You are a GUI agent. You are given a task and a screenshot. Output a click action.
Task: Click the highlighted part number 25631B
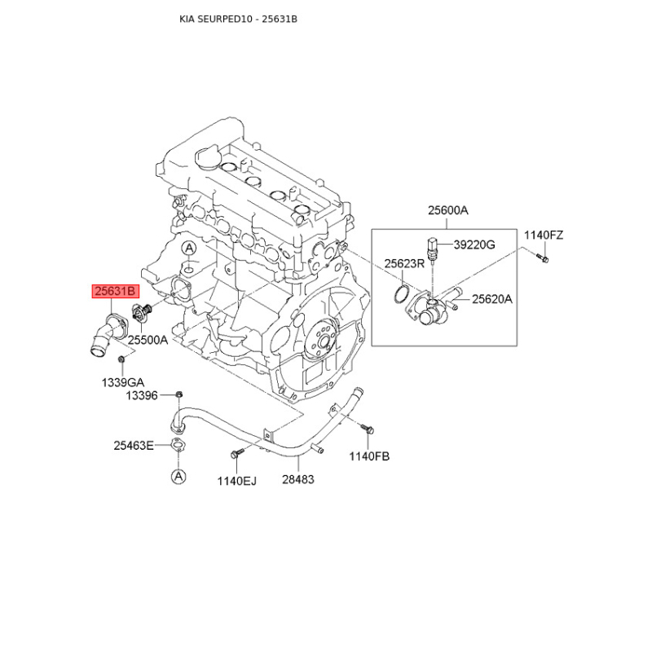pyautogui.click(x=115, y=291)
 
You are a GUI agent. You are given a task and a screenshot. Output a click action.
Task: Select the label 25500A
pyautogui.click(x=148, y=340)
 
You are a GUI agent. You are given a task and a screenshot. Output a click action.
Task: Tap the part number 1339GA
pyautogui.click(x=123, y=382)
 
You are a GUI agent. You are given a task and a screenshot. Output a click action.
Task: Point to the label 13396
pyautogui.click(x=142, y=395)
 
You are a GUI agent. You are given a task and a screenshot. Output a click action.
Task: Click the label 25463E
pyautogui.click(x=134, y=446)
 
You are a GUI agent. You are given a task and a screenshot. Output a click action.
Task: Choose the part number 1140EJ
pyautogui.click(x=237, y=481)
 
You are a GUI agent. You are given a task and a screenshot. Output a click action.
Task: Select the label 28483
pyautogui.click(x=298, y=479)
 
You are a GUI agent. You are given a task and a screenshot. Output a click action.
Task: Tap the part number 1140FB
pyautogui.click(x=369, y=456)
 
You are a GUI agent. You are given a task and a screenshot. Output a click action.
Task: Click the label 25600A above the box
pyautogui.click(x=448, y=210)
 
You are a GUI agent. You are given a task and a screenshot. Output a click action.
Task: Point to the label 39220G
pyautogui.click(x=474, y=244)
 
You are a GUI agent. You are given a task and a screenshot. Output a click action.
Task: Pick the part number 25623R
pyautogui.click(x=404, y=263)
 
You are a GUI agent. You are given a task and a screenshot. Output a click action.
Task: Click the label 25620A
pyautogui.click(x=492, y=299)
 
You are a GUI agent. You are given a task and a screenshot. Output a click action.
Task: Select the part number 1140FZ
pyautogui.click(x=544, y=236)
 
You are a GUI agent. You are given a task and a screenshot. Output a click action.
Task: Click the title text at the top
pyautogui.click(x=238, y=19)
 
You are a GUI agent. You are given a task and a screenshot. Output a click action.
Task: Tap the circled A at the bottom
pyautogui.click(x=178, y=476)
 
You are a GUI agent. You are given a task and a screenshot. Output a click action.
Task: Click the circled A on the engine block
pyautogui.click(x=189, y=249)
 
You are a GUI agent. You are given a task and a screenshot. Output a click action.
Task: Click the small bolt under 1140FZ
pyautogui.click(x=543, y=258)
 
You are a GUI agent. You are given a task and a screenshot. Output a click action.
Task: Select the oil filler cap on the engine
pyautogui.click(x=207, y=157)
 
